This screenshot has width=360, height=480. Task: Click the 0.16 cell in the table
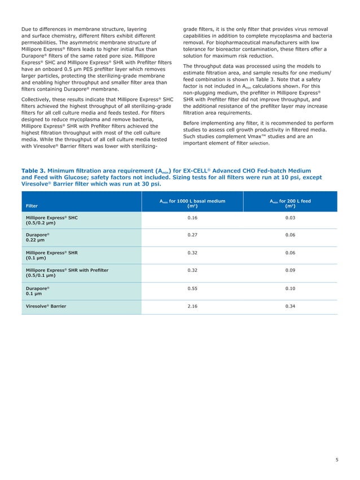tap(192, 217)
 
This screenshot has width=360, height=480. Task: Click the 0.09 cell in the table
tap(290, 270)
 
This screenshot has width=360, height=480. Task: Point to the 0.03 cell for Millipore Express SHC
tap(290, 217)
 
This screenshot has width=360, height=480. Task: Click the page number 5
tap(336, 460)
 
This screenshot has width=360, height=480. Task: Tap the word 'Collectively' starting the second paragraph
tap(39, 100)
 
